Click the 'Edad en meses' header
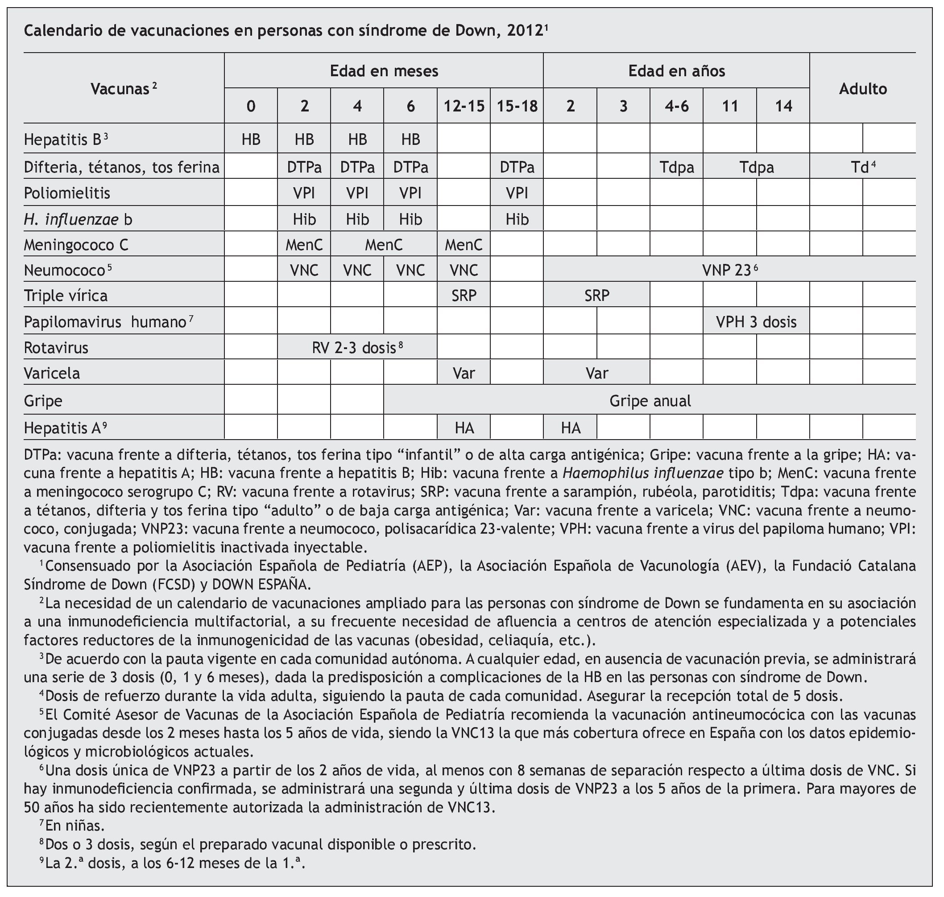(384, 71)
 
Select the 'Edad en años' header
(676, 71)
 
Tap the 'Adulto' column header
(863, 89)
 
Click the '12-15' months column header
(464, 106)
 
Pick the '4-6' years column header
(676, 106)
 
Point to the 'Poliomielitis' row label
(67, 193)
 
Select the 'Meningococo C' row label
(76, 245)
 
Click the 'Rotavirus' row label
(56, 348)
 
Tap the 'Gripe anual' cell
(650, 401)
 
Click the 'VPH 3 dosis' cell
(756, 322)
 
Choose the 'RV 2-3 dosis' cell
(357, 348)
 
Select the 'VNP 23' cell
(729, 271)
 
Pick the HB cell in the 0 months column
(251, 139)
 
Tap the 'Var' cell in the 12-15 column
(464, 374)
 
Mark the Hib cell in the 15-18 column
(517, 219)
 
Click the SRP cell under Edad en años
(596, 296)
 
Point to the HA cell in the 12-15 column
(464, 428)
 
